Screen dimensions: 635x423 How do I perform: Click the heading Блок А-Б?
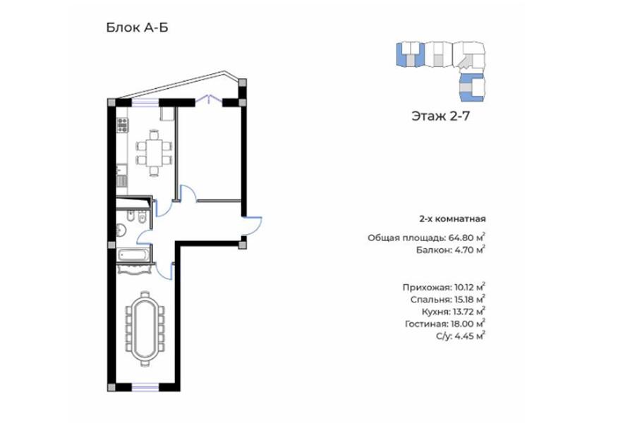137,27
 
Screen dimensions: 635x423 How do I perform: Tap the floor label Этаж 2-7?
440,116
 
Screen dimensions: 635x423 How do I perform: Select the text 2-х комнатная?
452,219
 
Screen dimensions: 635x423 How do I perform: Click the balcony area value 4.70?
464,250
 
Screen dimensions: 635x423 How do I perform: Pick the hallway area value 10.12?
464,288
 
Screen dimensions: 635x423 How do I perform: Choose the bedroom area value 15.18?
464,300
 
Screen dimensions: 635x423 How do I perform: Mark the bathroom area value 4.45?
464,336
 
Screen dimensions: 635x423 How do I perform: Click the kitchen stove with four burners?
122,125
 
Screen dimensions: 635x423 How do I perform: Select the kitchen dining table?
154,152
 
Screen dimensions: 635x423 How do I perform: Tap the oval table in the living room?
145,329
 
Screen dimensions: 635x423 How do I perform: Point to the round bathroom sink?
121,231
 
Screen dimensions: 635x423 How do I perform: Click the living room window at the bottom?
145,387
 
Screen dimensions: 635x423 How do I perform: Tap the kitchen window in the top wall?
145,103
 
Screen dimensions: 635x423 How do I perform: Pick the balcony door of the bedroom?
209,99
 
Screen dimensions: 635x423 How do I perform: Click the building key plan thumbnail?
440,71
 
